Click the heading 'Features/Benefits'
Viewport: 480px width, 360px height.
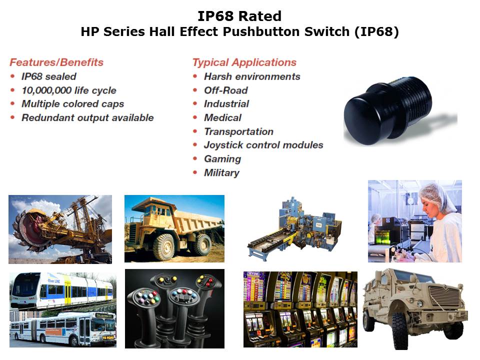coord(56,62)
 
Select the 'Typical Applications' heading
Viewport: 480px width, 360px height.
coord(244,62)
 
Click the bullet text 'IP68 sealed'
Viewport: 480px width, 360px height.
coord(48,76)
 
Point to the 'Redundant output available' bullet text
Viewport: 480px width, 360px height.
coord(87,117)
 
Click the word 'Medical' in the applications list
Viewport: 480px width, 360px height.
coord(222,117)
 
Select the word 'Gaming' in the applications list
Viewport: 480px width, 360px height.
coord(222,159)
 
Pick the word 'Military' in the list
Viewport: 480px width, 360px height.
coord(221,172)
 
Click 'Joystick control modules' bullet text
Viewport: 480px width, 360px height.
coord(263,145)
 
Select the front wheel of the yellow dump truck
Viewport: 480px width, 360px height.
coord(164,247)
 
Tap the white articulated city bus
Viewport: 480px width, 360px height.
coord(63,329)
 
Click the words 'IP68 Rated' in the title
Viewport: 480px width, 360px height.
coord(239,16)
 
